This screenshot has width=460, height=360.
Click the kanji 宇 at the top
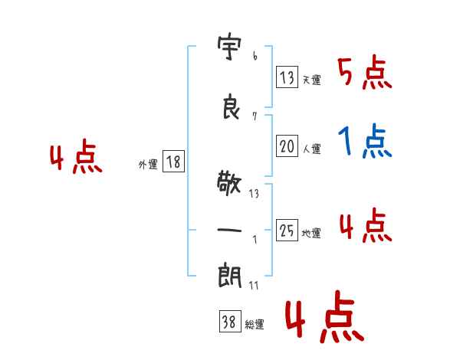click(229, 48)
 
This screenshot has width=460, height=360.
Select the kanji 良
click(231, 106)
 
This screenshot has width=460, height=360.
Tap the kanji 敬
click(229, 183)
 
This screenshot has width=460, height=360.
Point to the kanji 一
click(229, 230)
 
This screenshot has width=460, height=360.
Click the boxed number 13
click(287, 77)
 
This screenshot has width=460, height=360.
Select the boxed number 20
click(287, 146)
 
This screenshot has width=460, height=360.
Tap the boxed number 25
click(287, 230)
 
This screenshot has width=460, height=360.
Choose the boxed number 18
click(173, 162)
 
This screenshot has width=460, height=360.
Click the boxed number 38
click(230, 321)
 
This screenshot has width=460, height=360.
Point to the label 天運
click(311, 80)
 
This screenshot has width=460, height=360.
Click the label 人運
click(311, 149)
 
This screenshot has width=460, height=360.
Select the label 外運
click(148, 164)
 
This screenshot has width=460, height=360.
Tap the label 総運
click(255, 324)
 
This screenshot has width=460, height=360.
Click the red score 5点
click(365, 72)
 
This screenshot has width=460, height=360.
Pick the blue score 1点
click(365, 141)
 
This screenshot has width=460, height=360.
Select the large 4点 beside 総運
click(325, 316)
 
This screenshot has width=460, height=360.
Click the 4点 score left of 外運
click(76, 156)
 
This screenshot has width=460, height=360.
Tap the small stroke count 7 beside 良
click(255, 116)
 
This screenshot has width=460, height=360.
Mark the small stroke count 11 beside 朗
click(254, 285)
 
